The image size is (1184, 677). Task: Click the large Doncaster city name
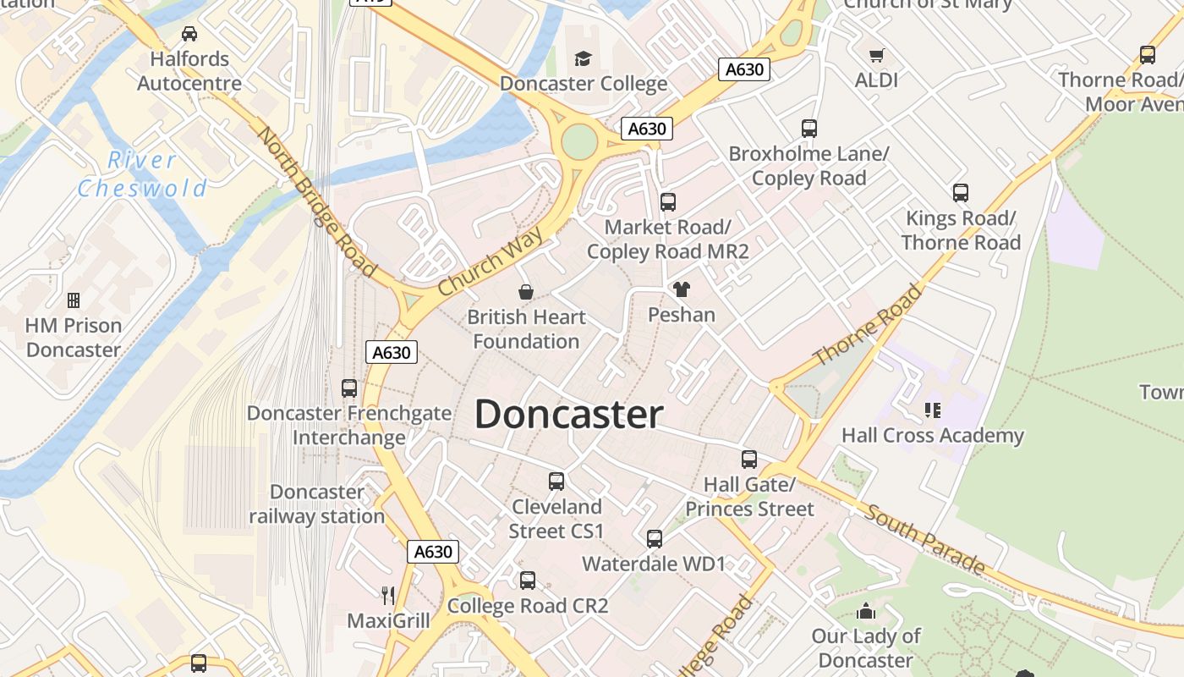point(568,415)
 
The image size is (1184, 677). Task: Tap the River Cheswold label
point(142,173)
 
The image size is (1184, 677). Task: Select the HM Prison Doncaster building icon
point(74,300)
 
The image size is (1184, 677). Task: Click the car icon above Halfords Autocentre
point(189,34)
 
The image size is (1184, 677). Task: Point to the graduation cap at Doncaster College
point(584,58)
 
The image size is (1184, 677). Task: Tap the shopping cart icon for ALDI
point(877,55)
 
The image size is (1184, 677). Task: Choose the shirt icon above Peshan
point(682,289)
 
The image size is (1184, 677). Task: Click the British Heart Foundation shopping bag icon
point(526,292)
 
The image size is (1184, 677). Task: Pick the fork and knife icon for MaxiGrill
point(388,595)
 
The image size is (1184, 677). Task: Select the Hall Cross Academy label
point(932,436)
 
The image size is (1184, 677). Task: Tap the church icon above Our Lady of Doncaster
point(866,611)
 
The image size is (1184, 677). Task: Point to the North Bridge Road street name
point(316,202)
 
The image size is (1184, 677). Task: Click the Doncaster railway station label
point(317,504)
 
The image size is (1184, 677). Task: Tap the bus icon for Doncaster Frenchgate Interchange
point(349,388)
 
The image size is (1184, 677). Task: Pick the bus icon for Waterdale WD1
point(654,539)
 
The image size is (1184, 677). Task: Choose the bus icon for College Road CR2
point(528,581)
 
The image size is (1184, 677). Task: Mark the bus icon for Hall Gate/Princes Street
point(749,460)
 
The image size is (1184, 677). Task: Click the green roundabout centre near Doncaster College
point(579,141)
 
